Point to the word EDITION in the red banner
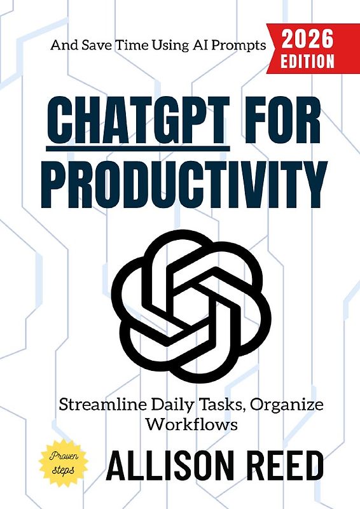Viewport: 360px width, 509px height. click(x=308, y=61)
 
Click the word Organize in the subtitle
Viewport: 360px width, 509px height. click(x=298, y=405)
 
